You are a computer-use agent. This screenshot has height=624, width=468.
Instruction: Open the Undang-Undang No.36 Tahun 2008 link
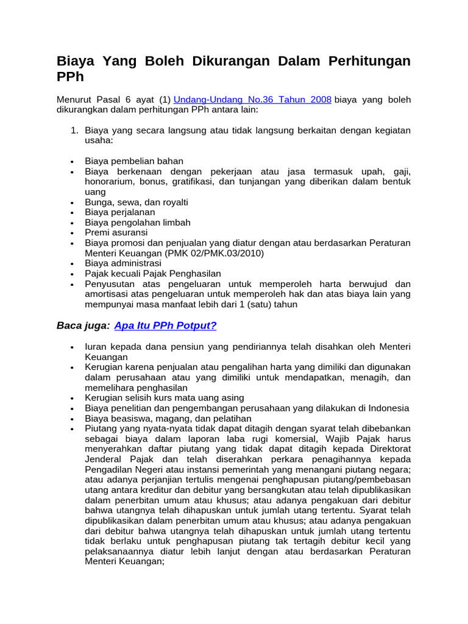point(253,99)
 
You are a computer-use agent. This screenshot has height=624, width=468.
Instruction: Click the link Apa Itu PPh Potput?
point(165,325)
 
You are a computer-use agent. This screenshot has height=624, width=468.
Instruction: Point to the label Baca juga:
point(83,325)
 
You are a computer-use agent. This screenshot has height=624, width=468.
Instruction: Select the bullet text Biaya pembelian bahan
point(134,161)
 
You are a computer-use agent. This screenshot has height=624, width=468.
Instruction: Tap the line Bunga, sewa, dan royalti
point(136,202)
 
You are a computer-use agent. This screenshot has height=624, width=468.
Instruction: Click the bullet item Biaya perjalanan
point(120,212)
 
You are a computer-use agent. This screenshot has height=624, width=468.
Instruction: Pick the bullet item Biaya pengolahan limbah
point(138,222)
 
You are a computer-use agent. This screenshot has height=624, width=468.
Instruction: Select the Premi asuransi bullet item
point(116,233)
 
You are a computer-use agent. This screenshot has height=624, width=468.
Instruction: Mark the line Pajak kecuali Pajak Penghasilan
point(153,274)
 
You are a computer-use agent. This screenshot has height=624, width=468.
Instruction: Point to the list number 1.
point(75,130)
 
